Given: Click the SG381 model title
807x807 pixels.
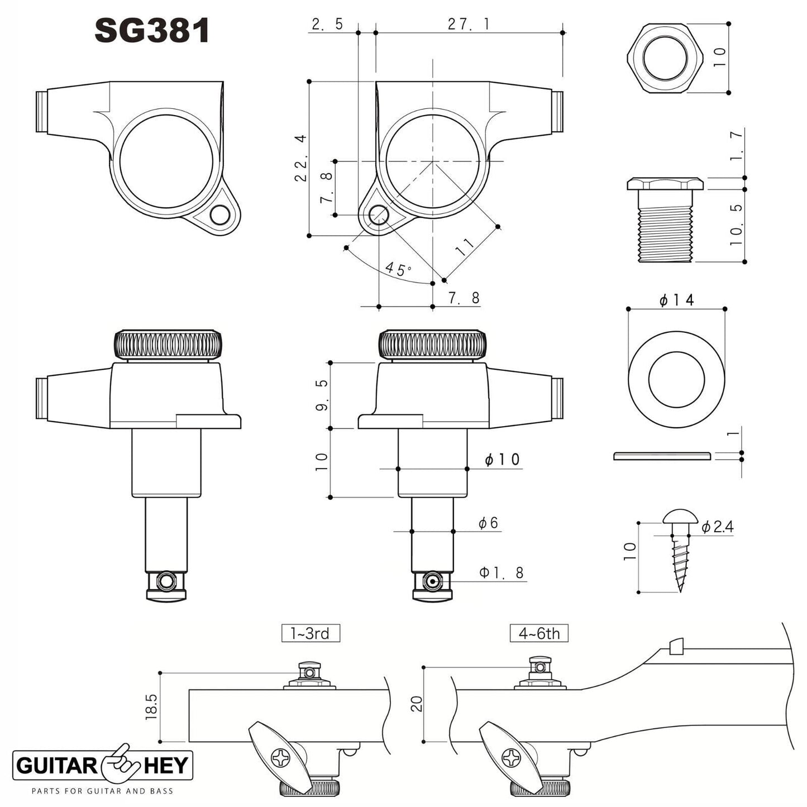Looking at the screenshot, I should [151, 31].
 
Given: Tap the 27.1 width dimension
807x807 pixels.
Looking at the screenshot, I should [469, 24].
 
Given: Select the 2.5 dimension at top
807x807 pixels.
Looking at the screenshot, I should [327, 24].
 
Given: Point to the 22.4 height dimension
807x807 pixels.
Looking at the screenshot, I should [300, 157].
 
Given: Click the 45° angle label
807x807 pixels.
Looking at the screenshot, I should [398, 270].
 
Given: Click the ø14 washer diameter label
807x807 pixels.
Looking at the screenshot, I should [676, 300].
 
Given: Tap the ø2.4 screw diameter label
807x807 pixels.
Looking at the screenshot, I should [717, 527].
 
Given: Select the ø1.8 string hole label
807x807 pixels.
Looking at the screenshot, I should [502, 572].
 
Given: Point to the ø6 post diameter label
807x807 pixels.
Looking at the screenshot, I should [488, 523].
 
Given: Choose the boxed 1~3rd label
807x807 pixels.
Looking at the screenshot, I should [310, 633].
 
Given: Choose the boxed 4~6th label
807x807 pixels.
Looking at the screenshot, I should [539, 633].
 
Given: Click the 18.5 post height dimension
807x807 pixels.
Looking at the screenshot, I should [151, 706].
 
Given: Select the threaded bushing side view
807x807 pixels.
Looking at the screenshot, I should [665, 219].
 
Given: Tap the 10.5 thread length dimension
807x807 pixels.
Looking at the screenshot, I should [737, 225].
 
